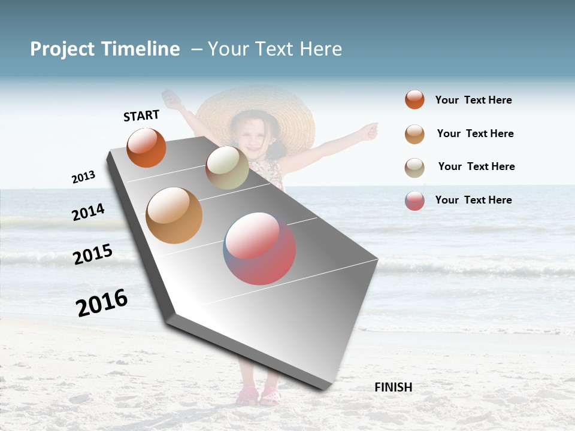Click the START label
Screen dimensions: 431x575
[x=141, y=116]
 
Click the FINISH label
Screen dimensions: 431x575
[x=393, y=387]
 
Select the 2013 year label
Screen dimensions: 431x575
[x=83, y=177]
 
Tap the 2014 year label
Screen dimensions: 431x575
[x=88, y=212]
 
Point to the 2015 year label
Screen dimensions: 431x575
[x=93, y=254]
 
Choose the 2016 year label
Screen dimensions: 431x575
[x=102, y=302]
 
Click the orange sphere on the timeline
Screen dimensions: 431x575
[x=146, y=147]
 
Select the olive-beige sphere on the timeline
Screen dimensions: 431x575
[x=227, y=168]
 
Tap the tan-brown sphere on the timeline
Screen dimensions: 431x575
[x=174, y=215]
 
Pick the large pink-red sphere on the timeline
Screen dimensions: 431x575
[x=259, y=248]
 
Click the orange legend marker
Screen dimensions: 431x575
[x=414, y=99]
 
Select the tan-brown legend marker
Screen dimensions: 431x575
[x=414, y=133]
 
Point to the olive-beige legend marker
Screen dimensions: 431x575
[x=414, y=167]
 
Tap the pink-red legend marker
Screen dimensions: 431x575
[x=414, y=201]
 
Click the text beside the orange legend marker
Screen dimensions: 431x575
[x=473, y=100]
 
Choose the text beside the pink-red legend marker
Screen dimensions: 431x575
[x=473, y=200]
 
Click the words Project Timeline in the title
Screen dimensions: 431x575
[x=105, y=49]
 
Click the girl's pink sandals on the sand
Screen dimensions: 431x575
[x=259, y=395]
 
